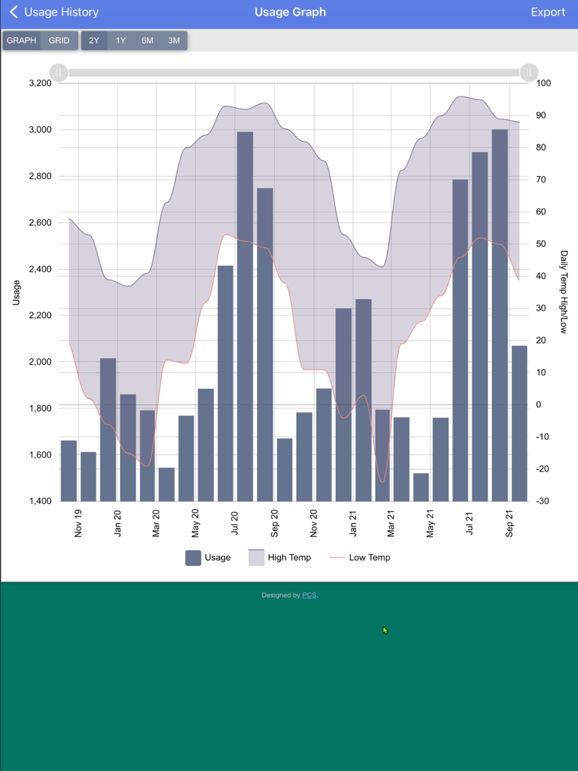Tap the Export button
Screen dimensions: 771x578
[x=547, y=12]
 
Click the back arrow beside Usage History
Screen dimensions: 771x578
[x=14, y=12]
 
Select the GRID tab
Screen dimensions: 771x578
[x=59, y=40]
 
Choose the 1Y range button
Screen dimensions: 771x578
[x=120, y=40]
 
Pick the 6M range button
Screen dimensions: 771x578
[x=147, y=40]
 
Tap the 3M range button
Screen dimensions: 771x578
[x=174, y=40]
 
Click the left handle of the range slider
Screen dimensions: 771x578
[x=59, y=72]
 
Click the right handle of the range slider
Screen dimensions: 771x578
[x=529, y=72]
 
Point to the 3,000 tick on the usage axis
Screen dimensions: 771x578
[x=40, y=129]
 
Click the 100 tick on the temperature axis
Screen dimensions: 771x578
[x=543, y=83]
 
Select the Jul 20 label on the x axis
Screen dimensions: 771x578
[x=234, y=522]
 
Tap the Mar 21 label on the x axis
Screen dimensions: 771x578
[x=391, y=523]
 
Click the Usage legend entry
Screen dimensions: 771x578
[x=208, y=558]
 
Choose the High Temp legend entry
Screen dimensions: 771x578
[x=280, y=558]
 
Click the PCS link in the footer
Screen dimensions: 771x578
[x=309, y=595]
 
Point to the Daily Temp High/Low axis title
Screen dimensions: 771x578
[x=564, y=292]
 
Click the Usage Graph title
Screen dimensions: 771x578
[x=290, y=12]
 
